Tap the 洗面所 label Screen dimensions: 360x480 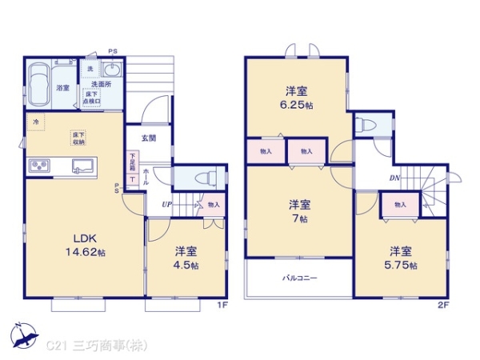(x=100, y=83)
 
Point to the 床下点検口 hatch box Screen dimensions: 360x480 (x=92, y=98)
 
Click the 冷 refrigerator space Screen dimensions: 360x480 (x=34, y=122)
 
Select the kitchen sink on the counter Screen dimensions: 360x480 (x=83, y=166)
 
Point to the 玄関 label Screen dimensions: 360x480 (x=149, y=138)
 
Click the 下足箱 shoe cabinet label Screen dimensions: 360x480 (x=132, y=165)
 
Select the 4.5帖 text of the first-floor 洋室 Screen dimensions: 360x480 (x=187, y=265)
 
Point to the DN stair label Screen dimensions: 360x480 (x=394, y=178)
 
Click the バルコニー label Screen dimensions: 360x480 (x=299, y=279)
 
